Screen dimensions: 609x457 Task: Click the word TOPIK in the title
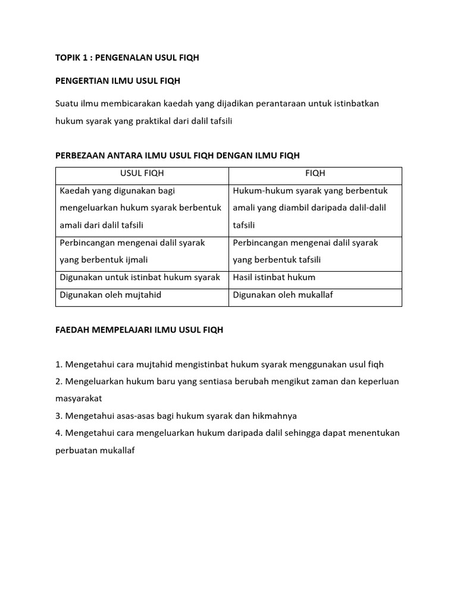(x=67, y=58)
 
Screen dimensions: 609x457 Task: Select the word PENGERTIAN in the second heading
(x=82, y=80)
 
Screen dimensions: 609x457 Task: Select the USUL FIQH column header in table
(x=142, y=174)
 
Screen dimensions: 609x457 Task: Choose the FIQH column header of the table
(x=315, y=174)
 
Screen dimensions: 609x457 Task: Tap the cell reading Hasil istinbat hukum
(x=274, y=277)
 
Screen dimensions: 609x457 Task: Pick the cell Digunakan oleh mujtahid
(x=111, y=294)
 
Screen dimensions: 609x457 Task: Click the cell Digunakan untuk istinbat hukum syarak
(x=140, y=277)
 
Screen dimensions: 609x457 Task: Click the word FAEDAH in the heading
(x=71, y=329)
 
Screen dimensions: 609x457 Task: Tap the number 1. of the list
(x=58, y=364)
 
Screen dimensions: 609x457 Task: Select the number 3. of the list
(x=58, y=416)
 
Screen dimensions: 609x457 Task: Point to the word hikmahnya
(x=277, y=416)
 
